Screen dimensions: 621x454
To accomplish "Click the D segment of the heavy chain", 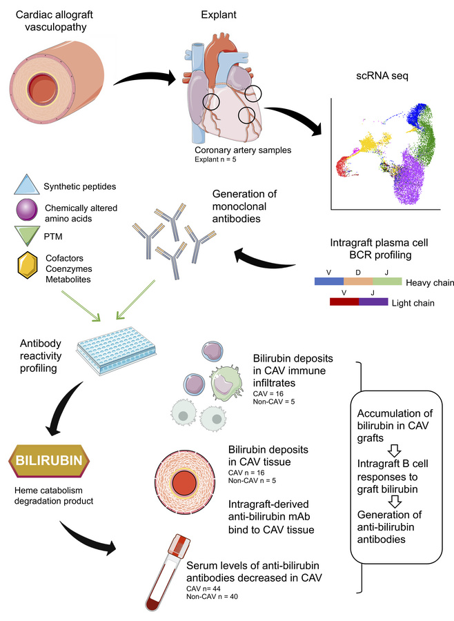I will pyautogui.click(x=357, y=282).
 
